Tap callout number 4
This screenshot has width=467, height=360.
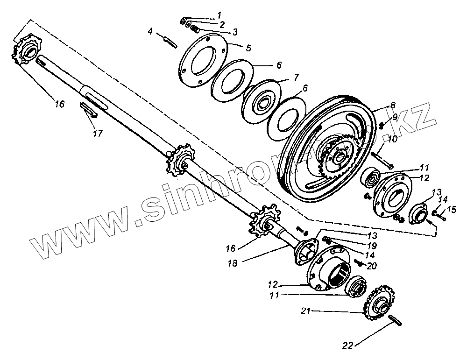pos(150,32)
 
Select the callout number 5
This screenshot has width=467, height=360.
pos(248,48)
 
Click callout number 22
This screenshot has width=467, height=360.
pos(347,346)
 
